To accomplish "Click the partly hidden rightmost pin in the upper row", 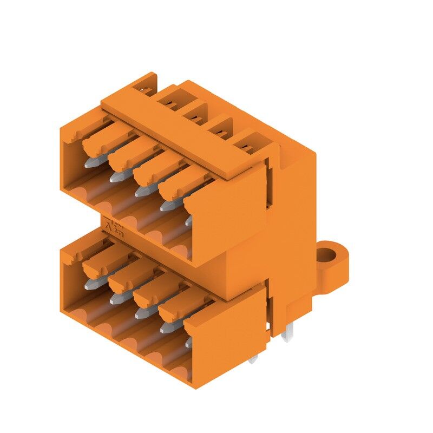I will pos(188,221).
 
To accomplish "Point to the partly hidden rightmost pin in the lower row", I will pos(188,342).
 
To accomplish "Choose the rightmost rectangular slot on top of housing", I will pos(248,145).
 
